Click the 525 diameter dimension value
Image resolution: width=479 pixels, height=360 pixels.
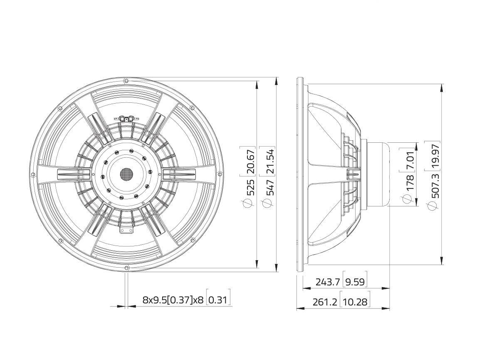pos(250,187)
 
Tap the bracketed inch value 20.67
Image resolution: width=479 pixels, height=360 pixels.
pos(250,159)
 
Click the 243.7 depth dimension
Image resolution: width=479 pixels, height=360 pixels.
pos(328,282)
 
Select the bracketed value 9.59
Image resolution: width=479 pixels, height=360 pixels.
pos(355,282)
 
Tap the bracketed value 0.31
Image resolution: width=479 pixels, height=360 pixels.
pos(219,300)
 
